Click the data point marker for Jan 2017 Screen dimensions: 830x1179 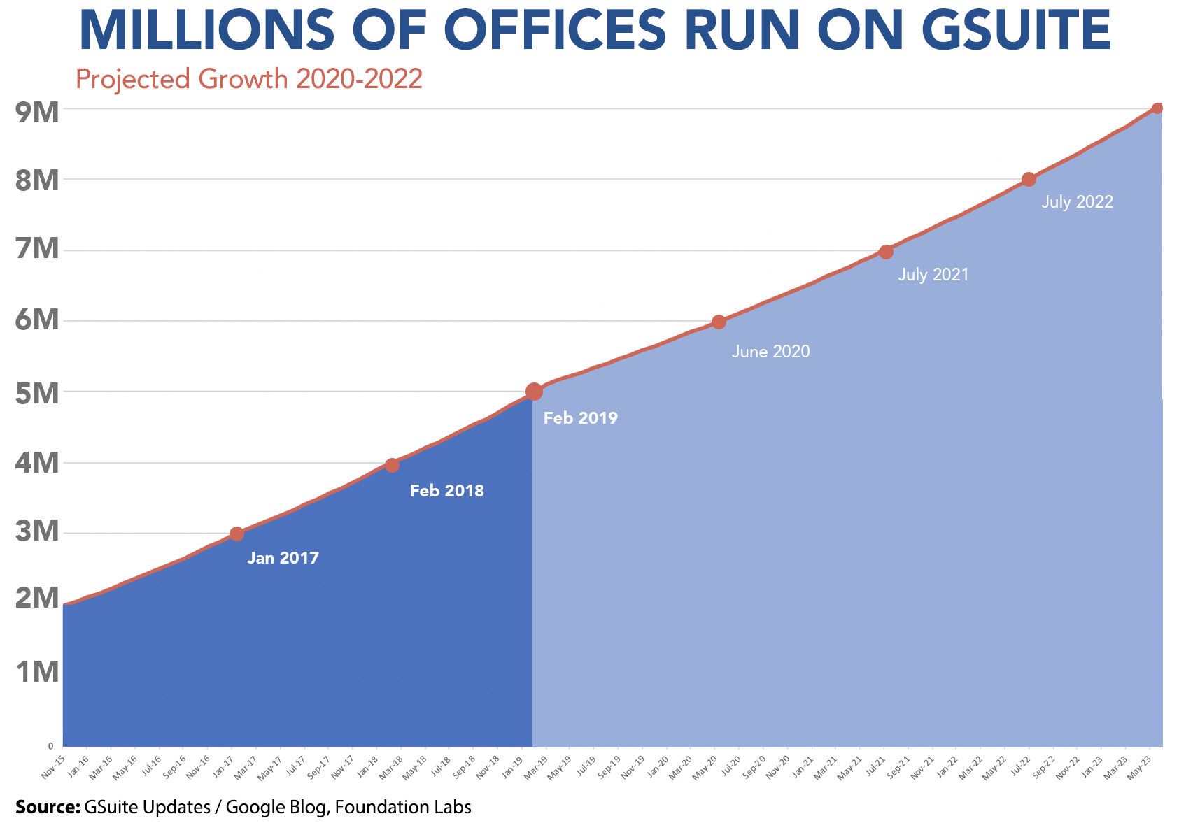pyautogui.click(x=236, y=534)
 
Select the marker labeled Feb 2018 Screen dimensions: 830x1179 pyautogui.click(x=392, y=465)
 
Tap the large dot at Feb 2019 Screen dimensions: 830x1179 pyautogui.click(x=533, y=392)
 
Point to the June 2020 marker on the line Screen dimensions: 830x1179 pyautogui.click(x=719, y=322)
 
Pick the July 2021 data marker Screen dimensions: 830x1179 pyautogui.click(x=886, y=252)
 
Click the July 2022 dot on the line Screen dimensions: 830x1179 pyautogui.click(x=1029, y=179)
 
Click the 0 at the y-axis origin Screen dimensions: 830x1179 pyautogui.click(x=50, y=746)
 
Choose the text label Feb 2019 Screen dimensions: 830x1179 pyautogui.click(x=580, y=419)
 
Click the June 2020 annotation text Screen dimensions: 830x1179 pyautogui.click(x=770, y=352)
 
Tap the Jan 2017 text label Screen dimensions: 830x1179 pyautogui.click(x=283, y=559)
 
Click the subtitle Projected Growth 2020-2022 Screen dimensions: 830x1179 pyautogui.click(x=248, y=79)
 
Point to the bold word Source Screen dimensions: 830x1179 pyautogui.click(x=48, y=807)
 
